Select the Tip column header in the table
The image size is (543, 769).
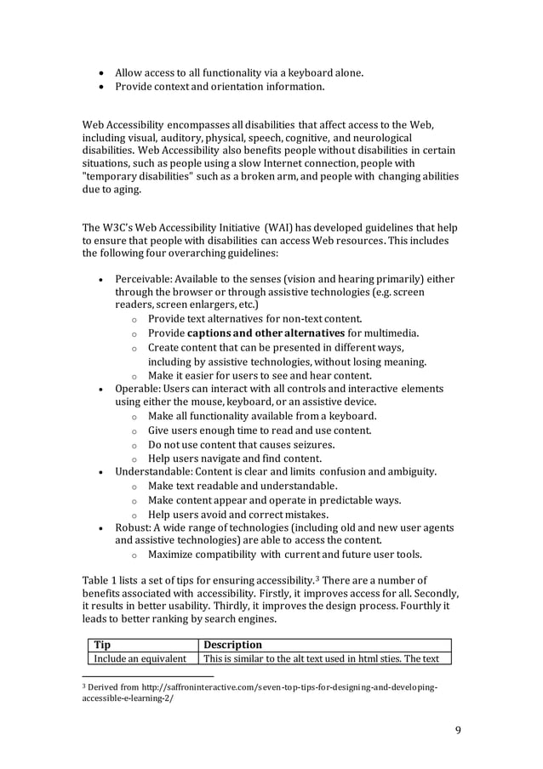102,645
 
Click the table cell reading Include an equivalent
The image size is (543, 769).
140,658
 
